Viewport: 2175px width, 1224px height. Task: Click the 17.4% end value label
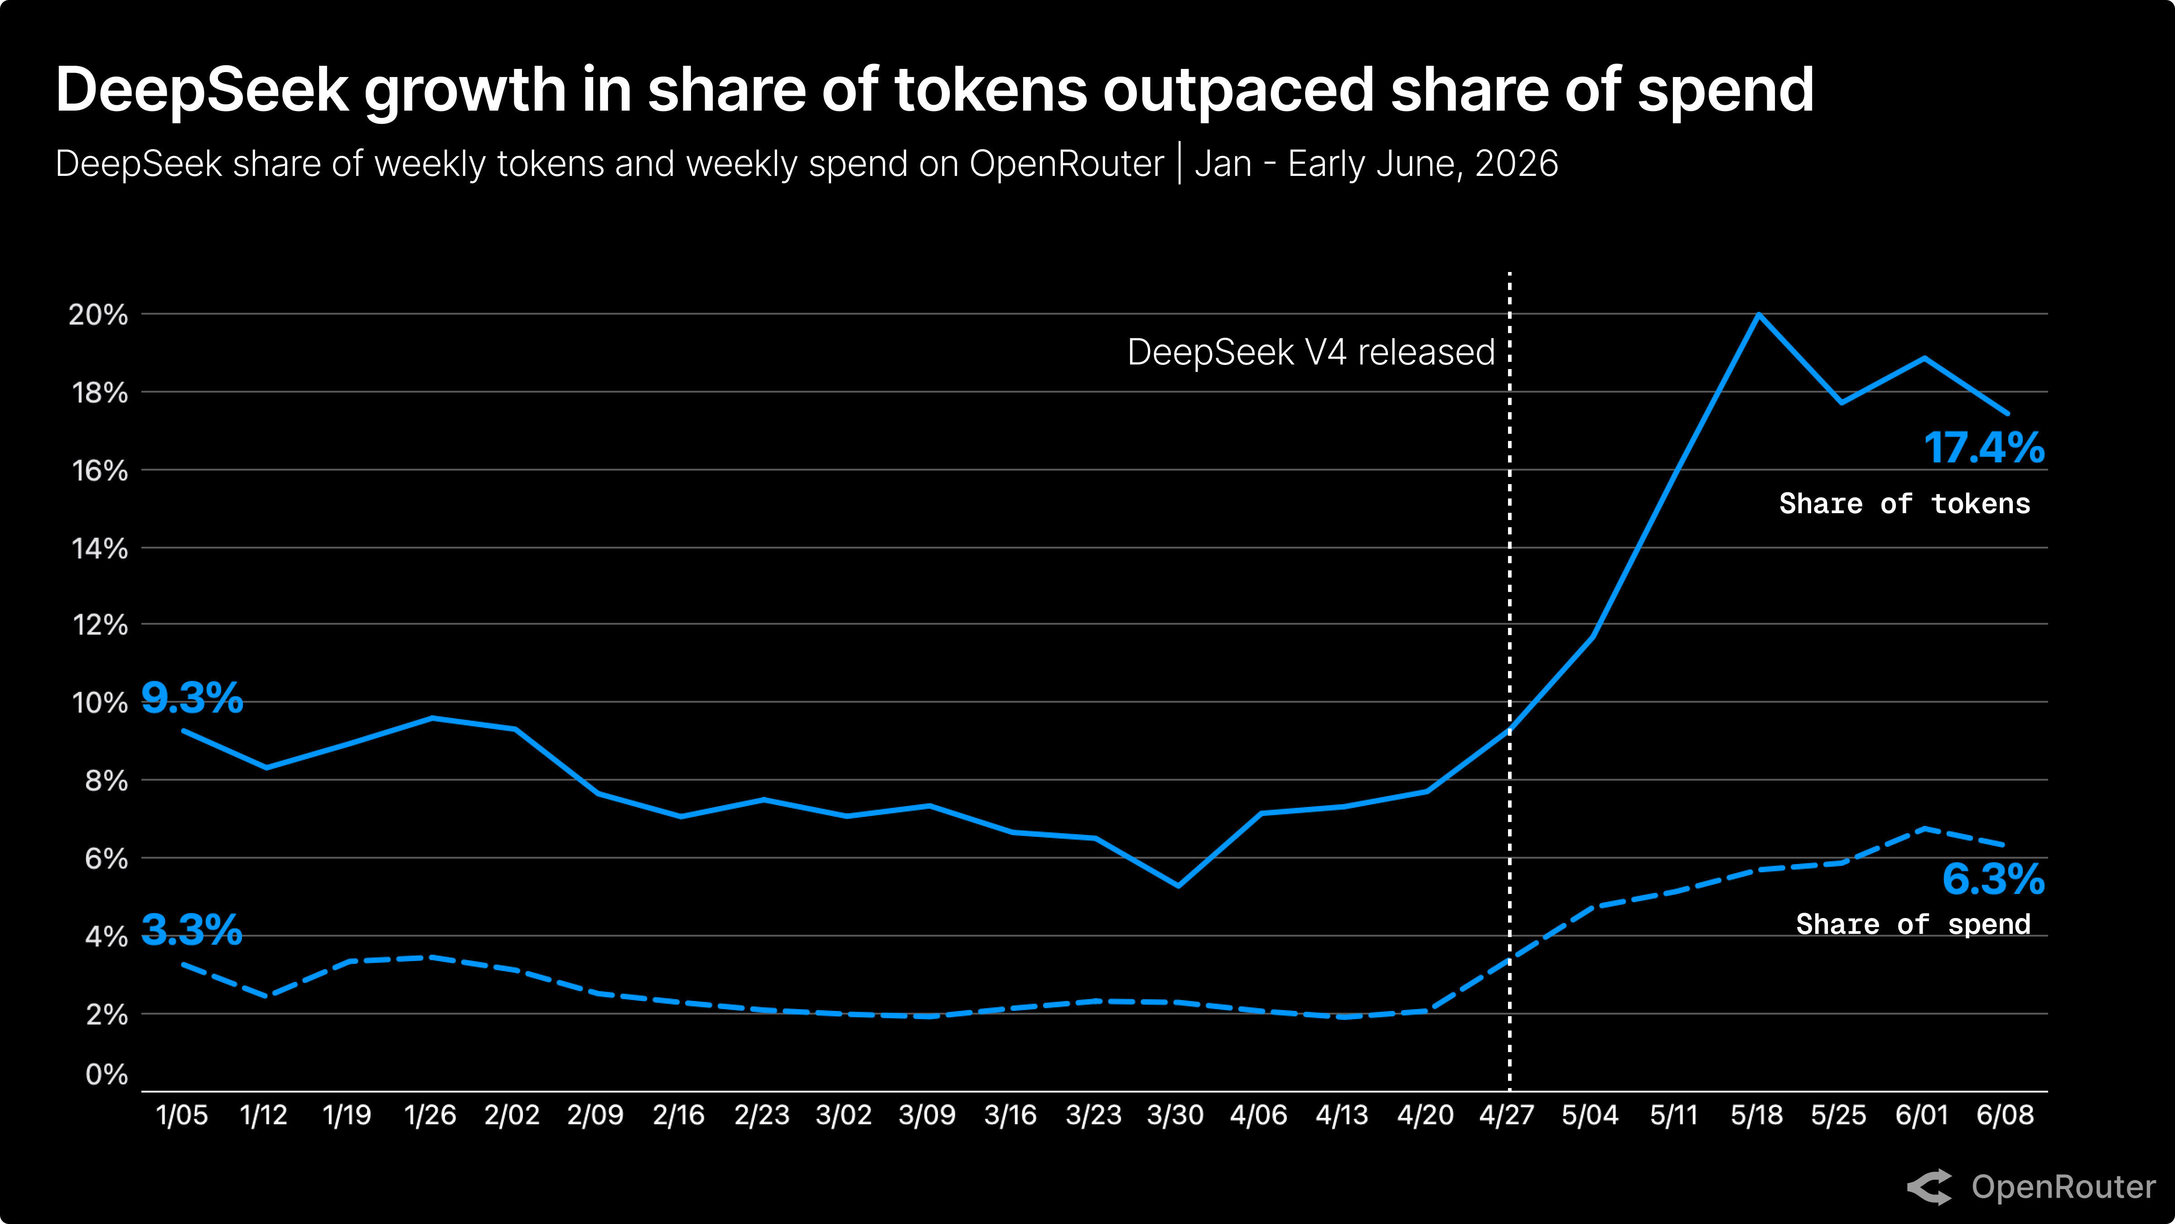pyautogui.click(x=1984, y=448)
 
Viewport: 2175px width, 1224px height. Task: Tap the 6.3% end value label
pyautogui.click(x=1993, y=879)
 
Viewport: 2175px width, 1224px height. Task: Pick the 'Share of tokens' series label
pyautogui.click(x=1905, y=504)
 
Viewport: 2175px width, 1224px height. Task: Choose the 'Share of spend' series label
pyautogui.click(x=1913, y=924)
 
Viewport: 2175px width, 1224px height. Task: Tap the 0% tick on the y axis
pyautogui.click(x=106, y=1074)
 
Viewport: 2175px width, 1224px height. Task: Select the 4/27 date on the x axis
pyautogui.click(x=1507, y=1115)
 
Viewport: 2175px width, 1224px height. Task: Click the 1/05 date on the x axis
pyautogui.click(x=182, y=1115)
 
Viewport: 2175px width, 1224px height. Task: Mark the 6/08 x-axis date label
pyautogui.click(x=2005, y=1115)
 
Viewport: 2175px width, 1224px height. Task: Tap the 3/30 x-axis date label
pyautogui.click(x=1175, y=1115)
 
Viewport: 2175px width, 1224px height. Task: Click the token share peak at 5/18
pyautogui.click(x=1759, y=314)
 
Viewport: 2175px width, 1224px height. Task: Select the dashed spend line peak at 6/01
pyautogui.click(x=1924, y=829)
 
